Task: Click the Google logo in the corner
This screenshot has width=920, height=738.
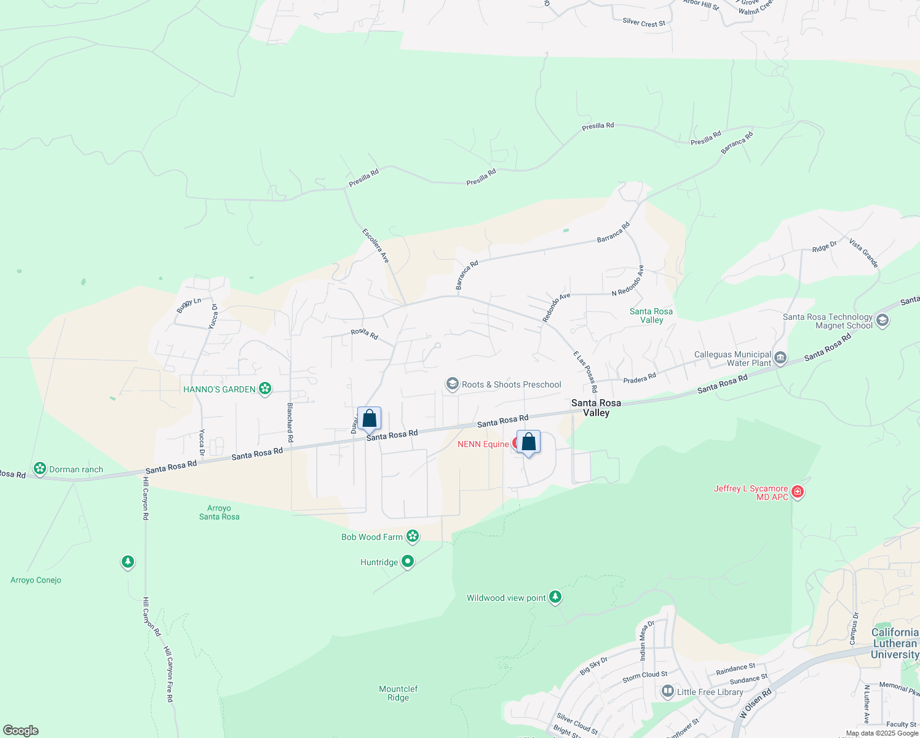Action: point(21,730)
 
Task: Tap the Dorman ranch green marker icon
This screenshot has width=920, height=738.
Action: point(40,469)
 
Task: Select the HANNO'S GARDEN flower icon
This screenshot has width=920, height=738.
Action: point(265,389)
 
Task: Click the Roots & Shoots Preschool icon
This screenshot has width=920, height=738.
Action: point(453,384)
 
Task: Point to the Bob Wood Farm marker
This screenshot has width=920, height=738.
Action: point(413,537)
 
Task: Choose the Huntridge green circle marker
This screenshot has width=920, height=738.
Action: point(408,562)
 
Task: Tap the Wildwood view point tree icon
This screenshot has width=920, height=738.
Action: point(555,597)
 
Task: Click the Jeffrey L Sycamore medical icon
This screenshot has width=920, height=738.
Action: point(798,492)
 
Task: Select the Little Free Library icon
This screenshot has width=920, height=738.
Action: point(668,692)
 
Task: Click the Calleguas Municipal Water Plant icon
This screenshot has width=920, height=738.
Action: point(780,358)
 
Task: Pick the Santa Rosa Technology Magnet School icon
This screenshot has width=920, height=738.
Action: point(882,320)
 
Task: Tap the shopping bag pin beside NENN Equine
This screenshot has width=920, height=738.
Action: point(528,442)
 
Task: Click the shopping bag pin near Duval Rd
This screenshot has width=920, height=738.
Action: point(370,419)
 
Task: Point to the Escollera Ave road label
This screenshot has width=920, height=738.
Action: point(376,246)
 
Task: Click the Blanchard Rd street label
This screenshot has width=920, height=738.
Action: point(290,423)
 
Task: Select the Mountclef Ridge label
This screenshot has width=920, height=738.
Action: point(399,693)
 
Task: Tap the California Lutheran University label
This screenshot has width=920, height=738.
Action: point(895,643)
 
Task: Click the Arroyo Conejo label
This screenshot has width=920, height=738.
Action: point(36,580)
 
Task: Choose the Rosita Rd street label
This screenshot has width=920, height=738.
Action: point(365,333)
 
